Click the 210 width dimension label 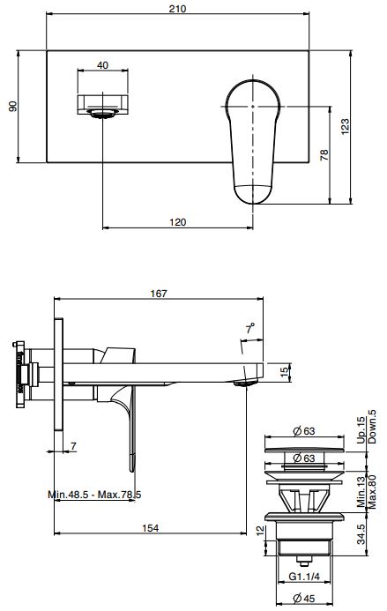(177, 8)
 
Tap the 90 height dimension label (13, 106)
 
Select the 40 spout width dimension (102, 65)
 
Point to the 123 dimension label (345, 127)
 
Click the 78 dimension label (324, 155)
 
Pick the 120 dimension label (178, 222)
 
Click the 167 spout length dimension (159, 294)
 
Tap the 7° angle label (250, 329)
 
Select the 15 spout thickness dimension (286, 372)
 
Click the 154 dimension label (151, 528)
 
